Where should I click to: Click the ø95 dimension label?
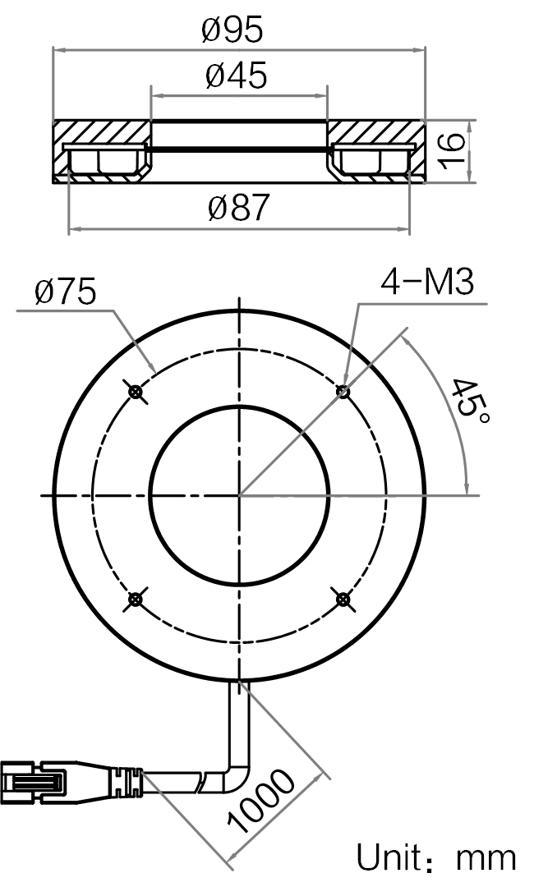coord(232,30)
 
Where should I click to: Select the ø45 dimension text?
coord(236,76)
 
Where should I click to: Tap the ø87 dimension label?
coord(238,208)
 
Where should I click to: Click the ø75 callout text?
coord(65,292)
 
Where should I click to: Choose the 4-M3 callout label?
coord(427,282)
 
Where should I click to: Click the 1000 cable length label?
coord(260,801)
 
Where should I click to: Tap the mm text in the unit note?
coord(486,860)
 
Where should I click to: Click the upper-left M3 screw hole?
coord(136,392)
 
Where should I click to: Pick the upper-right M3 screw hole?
coord(343,392)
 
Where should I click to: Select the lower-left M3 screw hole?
coord(136,599)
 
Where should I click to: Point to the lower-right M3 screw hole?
coord(343,599)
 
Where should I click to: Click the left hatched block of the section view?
coord(102,152)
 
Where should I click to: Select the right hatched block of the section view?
coord(375,152)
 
